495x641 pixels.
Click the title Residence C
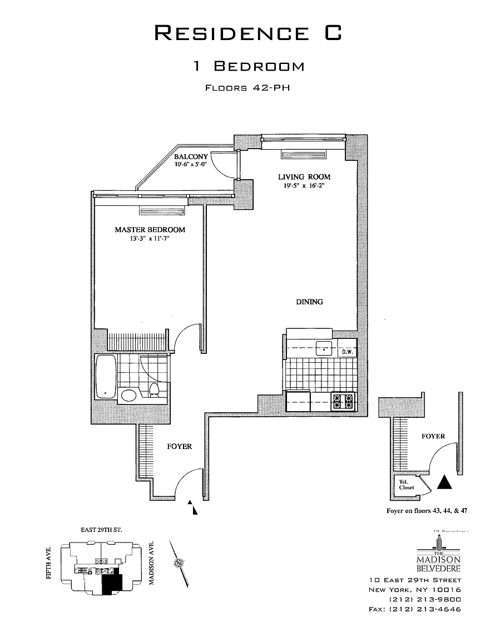point(247,33)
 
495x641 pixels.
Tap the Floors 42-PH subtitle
point(248,87)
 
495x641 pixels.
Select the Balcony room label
point(191,157)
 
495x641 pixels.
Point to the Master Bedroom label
point(150,230)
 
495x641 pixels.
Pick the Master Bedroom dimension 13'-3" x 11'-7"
point(150,240)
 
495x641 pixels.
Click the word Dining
point(309,302)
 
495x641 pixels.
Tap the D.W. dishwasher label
point(347,352)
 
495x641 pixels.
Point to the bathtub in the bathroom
point(105,377)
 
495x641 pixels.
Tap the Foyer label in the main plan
point(179,446)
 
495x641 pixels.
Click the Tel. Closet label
point(406,485)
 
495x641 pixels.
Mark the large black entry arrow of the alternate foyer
point(444,482)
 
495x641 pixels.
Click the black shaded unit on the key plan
point(113,584)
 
